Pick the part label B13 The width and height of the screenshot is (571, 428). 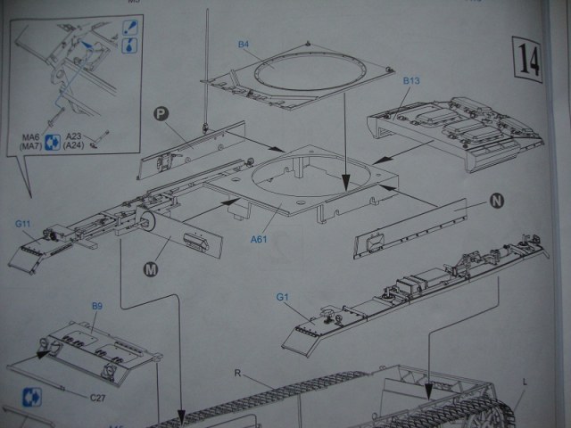point(411,81)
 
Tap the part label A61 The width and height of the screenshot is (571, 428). point(260,239)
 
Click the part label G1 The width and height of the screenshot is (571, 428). point(285,296)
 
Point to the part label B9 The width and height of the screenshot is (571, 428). point(97,306)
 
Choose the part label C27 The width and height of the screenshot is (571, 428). point(97,398)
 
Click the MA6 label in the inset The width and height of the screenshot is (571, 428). point(32,136)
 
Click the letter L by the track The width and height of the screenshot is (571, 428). point(525,381)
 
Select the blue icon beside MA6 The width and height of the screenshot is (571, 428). point(53,139)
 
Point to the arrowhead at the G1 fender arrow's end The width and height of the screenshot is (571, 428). point(428,392)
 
